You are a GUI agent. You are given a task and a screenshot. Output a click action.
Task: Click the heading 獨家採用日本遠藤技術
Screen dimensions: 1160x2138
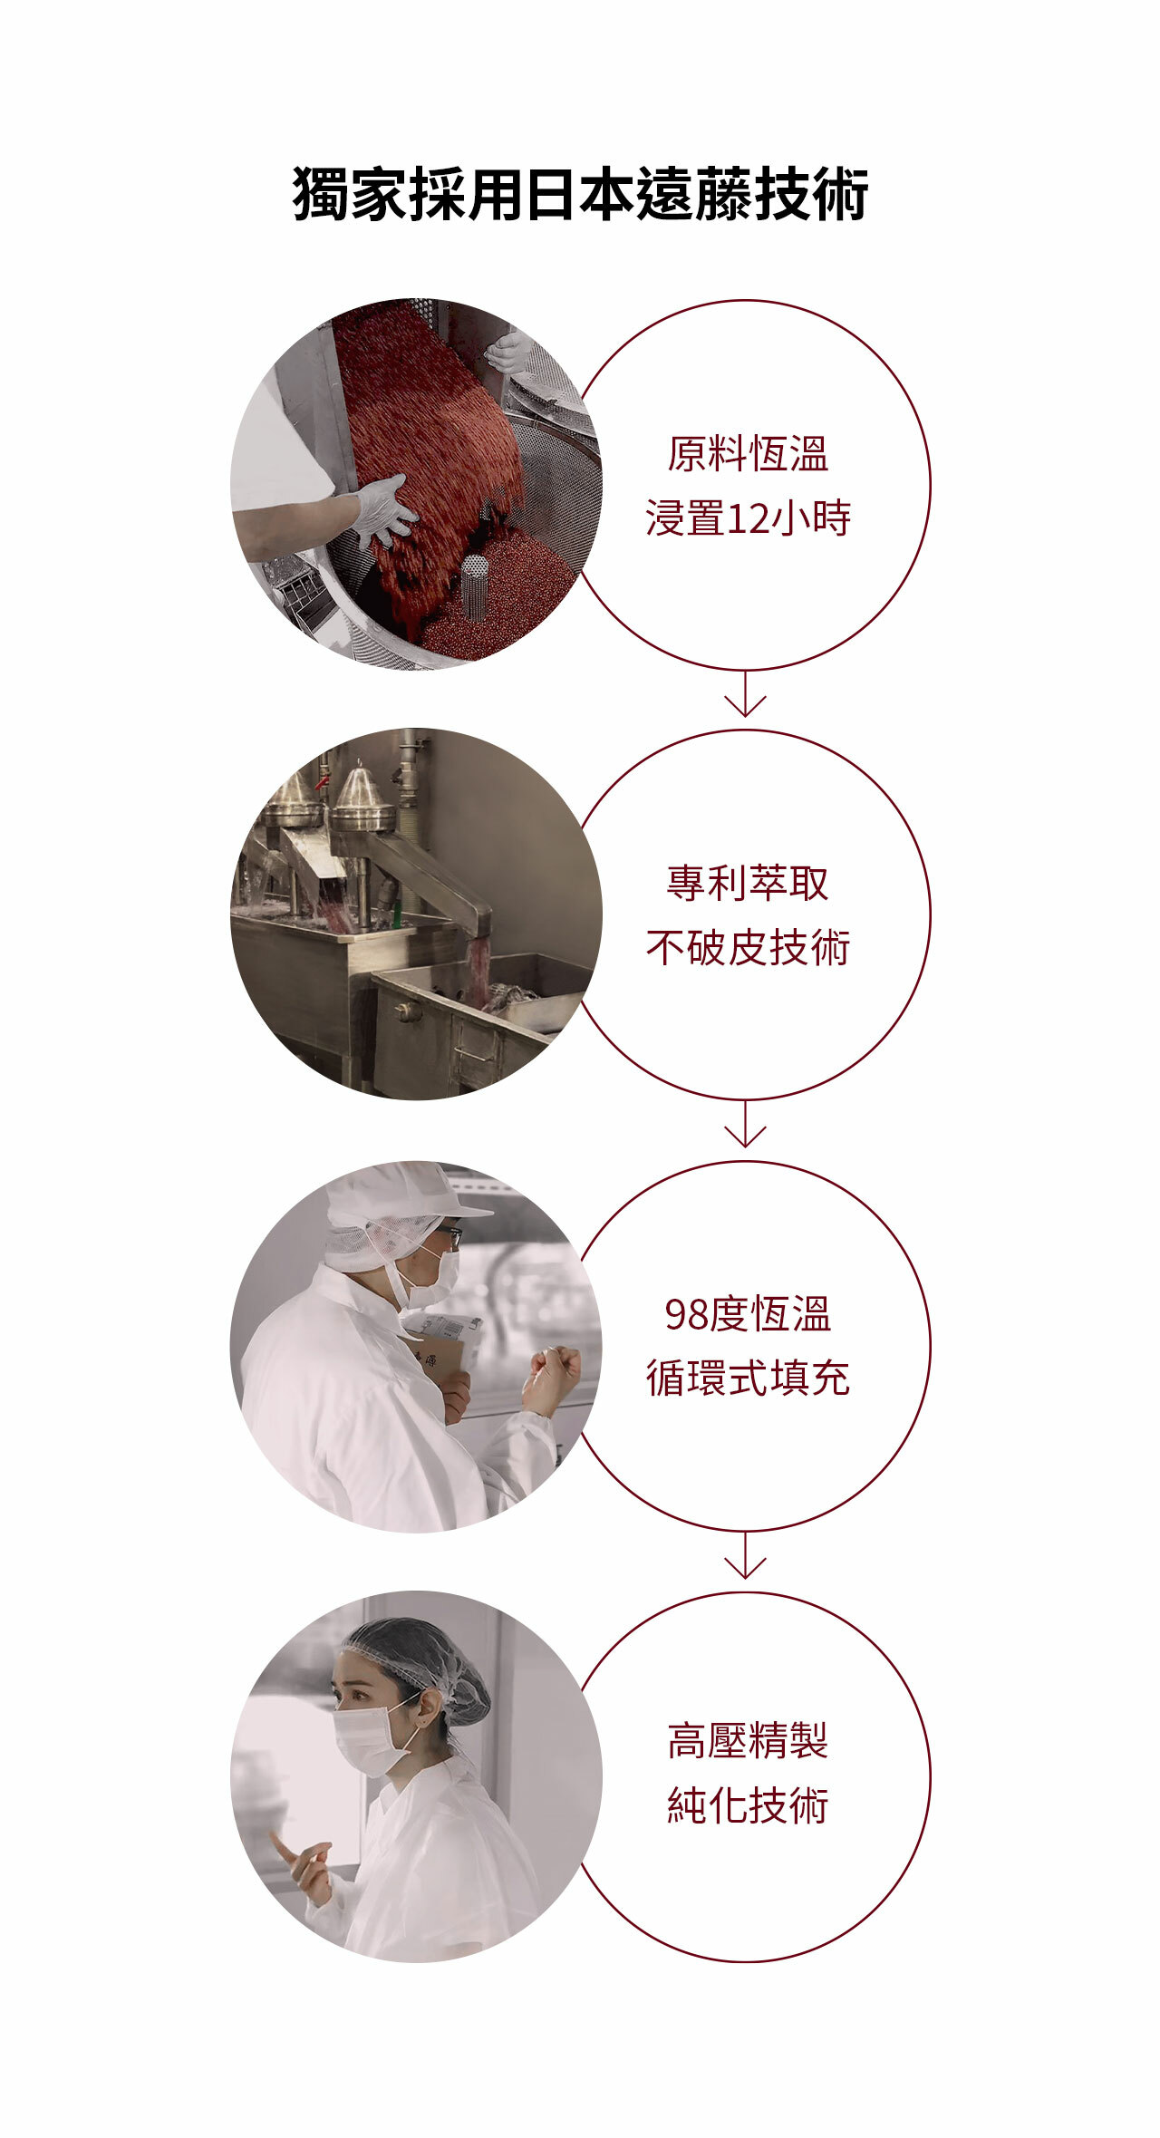(x=580, y=193)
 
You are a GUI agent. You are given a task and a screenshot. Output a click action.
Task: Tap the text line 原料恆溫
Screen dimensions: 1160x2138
(x=748, y=454)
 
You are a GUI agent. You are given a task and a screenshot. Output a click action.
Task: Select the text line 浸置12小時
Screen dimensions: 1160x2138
(x=748, y=519)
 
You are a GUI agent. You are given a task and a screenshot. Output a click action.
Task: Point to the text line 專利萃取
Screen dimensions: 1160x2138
(x=748, y=883)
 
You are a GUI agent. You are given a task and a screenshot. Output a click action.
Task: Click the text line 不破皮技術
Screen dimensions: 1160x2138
(x=748, y=948)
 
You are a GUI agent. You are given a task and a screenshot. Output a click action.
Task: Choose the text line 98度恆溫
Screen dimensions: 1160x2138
(x=748, y=1314)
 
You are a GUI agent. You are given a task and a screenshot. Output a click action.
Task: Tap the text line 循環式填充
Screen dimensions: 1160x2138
(x=748, y=1379)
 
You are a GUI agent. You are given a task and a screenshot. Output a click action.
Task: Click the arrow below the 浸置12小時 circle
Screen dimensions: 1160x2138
(x=746, y=693)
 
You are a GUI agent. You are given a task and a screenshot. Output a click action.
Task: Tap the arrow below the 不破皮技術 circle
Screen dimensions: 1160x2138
(x=746, y=1124)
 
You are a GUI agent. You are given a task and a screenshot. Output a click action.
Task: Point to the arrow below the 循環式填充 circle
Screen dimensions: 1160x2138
(x=746, y=1555)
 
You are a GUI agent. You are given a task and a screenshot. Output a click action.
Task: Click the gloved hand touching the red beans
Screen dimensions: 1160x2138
(x=383, y=510)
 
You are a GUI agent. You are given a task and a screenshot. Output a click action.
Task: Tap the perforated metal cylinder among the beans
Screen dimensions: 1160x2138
(x=474, y=586)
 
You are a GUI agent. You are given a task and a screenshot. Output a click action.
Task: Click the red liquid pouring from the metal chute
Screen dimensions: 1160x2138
(x=478, y=969)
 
